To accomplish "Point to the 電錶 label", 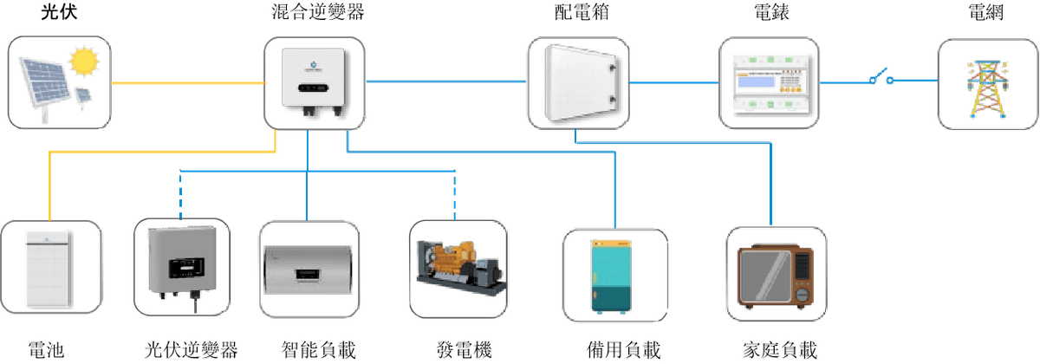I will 770,13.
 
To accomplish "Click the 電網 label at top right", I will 986,13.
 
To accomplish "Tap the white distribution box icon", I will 580,82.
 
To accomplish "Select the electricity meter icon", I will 770,82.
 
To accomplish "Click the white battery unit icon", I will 49,268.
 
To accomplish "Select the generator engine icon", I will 455,264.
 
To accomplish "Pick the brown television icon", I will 777,276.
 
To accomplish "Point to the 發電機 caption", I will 465,350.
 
